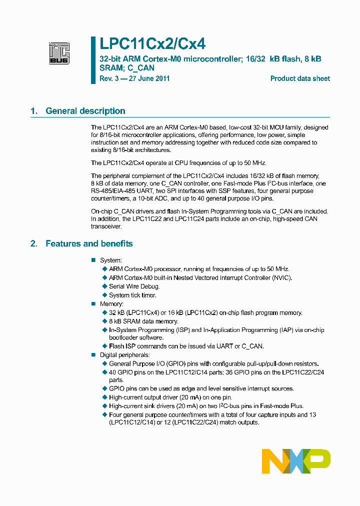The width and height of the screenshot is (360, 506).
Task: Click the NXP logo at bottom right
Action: (x=296, y=460)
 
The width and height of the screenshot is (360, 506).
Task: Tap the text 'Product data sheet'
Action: (x=300, y=78)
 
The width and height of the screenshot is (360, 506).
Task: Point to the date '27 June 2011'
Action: (x=149, y=78)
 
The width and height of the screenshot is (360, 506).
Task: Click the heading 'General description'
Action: (x=85, y=111)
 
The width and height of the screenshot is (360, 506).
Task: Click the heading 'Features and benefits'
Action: (x=89, y=243)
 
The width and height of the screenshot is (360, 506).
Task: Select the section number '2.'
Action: (x=34, y=243)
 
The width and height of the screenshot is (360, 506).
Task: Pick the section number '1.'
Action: (x=34, y=111)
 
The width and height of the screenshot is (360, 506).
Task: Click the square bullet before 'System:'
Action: (x=93, y=260)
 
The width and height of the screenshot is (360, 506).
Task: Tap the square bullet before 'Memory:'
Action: (x=93, y=304)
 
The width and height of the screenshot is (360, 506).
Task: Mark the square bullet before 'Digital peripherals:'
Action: (x=93, y=355)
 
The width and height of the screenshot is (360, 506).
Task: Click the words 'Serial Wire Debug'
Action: (x=134, y=286)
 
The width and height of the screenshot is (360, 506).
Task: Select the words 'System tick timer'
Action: (x=132, y=295)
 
